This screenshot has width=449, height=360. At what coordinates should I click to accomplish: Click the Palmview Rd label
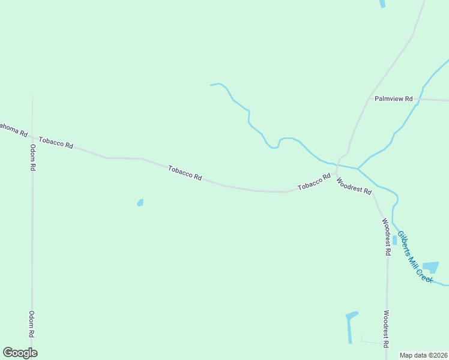point(393,98)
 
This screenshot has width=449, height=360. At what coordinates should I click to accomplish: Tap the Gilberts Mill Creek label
point(415,257)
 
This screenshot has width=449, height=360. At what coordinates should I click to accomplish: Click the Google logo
point(20,353)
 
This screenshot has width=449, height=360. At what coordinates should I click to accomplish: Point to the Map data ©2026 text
point(424,355)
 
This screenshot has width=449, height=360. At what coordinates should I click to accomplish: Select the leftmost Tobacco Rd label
point(56,143)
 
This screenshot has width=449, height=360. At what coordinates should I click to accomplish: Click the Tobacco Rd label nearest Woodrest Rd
point(315,182)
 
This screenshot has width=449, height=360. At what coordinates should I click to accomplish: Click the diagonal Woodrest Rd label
point(354,185)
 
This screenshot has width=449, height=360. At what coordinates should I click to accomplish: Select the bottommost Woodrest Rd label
point(387,328)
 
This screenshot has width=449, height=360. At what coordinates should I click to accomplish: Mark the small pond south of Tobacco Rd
point(140,203)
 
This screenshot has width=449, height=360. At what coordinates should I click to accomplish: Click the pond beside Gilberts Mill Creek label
point(430,267)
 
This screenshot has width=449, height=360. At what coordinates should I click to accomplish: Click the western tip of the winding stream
point(211,85)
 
